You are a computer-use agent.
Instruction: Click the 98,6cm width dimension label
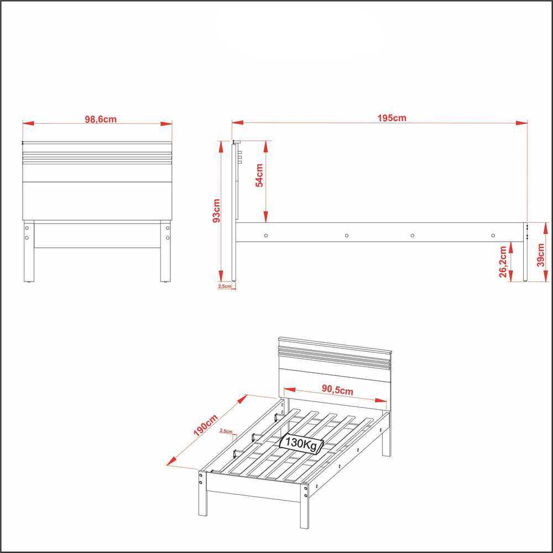pos(101,119)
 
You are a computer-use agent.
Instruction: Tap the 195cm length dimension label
pos(392,118)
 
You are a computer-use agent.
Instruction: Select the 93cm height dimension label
pos(216,211)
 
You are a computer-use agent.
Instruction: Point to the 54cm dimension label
pos(259,175)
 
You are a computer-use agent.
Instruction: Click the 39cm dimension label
pos(540,255)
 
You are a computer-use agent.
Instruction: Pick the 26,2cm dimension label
pos(503,262)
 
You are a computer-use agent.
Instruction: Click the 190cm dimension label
pos(206,425)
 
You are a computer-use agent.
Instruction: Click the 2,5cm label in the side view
pos(225,286)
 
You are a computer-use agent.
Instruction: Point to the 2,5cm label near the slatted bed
pos(226,431)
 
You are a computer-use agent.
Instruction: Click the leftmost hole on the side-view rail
pos(266,235)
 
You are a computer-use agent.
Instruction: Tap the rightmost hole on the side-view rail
pos(493,235)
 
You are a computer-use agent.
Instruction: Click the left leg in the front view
pos(29,251)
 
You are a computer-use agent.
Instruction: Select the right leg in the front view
pos(165,251)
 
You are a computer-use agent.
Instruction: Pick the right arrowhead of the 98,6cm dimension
pos(166,123)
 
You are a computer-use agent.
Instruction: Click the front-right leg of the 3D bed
pos(304,506)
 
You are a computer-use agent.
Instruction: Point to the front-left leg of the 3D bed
pos(203,493)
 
